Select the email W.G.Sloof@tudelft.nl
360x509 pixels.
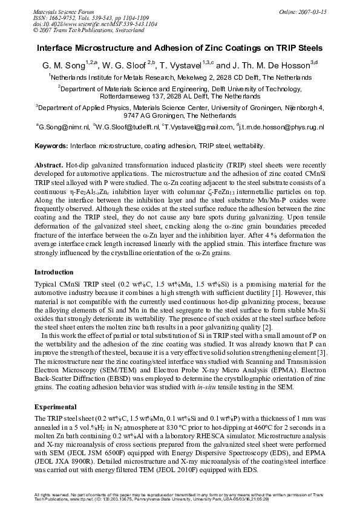click(x=126, y=128)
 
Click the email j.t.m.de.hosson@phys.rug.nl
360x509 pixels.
click(x=283, y=128)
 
